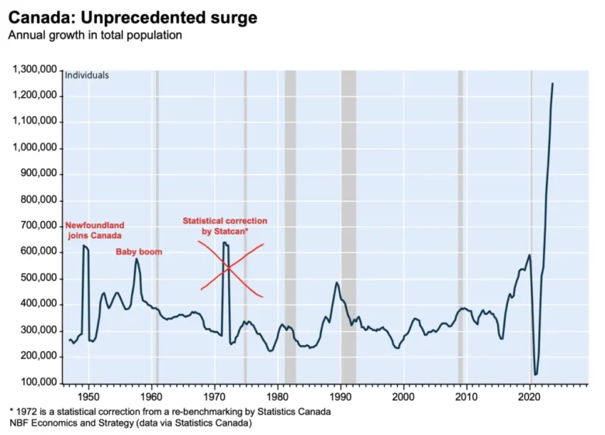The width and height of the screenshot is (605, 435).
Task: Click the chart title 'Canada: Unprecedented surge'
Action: click(133, 17)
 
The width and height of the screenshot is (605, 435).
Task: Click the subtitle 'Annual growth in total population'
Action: click(95, 36)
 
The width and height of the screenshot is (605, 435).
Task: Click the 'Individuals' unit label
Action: click(87, 75)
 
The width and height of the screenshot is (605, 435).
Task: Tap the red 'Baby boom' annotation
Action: click(139, 252)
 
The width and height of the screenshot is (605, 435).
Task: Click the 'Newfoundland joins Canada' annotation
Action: click(94, 230)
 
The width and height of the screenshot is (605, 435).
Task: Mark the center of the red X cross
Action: click(230, 270)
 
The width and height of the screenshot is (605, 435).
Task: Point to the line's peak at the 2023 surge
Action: click(552, 83)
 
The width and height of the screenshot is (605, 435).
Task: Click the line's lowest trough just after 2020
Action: click(535, 375)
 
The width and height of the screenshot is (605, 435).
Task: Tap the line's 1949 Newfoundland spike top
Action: click(84, 246)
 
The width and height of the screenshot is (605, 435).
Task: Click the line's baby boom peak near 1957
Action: click(137, 259)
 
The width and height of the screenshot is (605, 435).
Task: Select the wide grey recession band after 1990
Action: click(348, 225)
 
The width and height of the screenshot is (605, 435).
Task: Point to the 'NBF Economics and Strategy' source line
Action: click(130, 423)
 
